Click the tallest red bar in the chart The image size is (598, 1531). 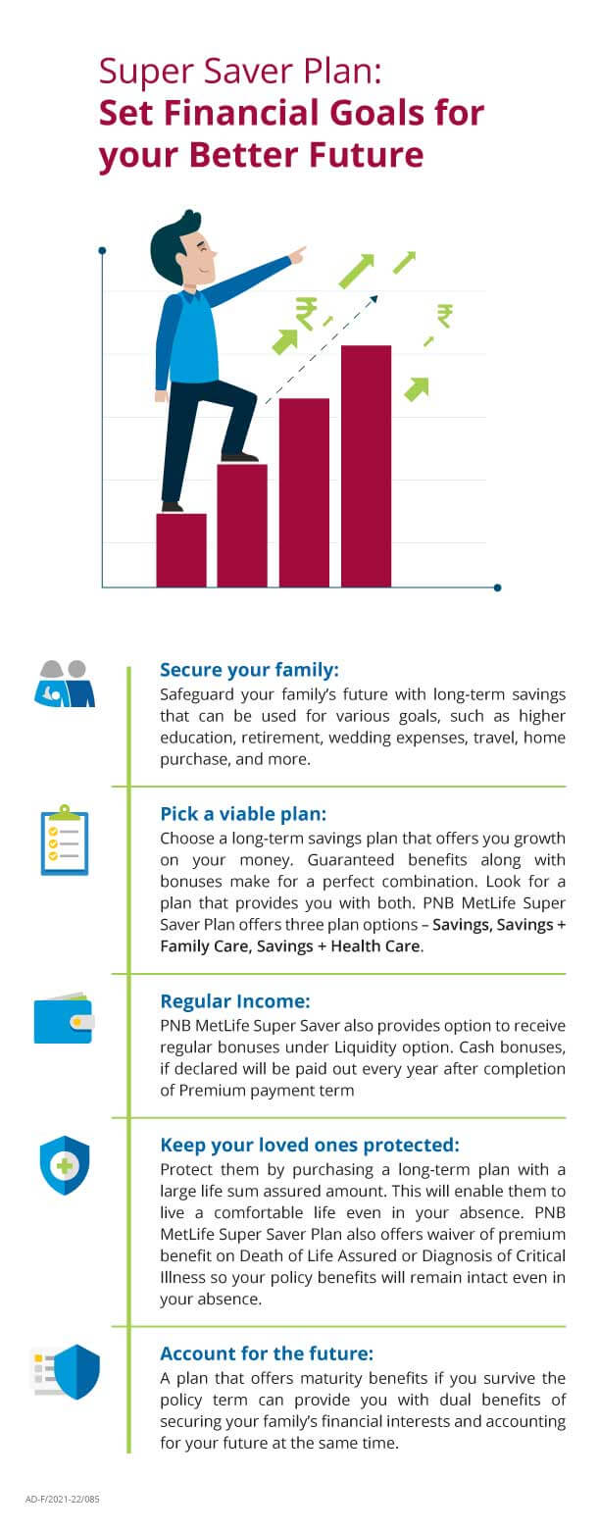click(x=366, y=466)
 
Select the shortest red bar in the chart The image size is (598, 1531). click(x=181, y=550)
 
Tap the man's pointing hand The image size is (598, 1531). click(x=297, y=254)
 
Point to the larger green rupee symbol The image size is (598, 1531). click(x=306, y=313)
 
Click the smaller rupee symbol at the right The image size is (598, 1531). click(x=444, y=315)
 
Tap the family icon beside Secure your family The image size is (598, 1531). click(x=65, y=684)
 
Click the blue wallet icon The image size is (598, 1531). click(x=63, y=1020)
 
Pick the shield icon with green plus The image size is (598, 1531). click(x=65, y=1166)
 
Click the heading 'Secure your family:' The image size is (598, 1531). click(x=249, y=670)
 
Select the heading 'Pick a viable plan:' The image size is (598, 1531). click(x=244, y=814)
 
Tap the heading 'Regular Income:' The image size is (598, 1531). click(x=235, y=1001)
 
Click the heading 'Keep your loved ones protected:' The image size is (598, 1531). click(x=309, y=1145)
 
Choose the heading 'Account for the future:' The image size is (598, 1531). click(x=267, y=1353)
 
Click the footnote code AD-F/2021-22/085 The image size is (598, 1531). click(x=63, y=1500)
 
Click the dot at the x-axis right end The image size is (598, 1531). click(x=497, y=587)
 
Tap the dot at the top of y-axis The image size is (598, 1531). click(x=102, y=250)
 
